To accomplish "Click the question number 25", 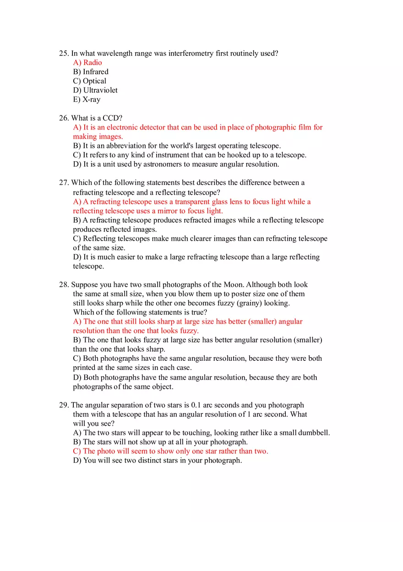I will tap(64, 54).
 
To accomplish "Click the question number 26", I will tap(64, 118).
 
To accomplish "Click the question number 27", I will tap(64, 183).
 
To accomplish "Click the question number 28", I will tap(64, 285).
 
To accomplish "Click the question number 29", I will tap(64, 405).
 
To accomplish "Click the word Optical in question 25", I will tap(94, 81).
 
